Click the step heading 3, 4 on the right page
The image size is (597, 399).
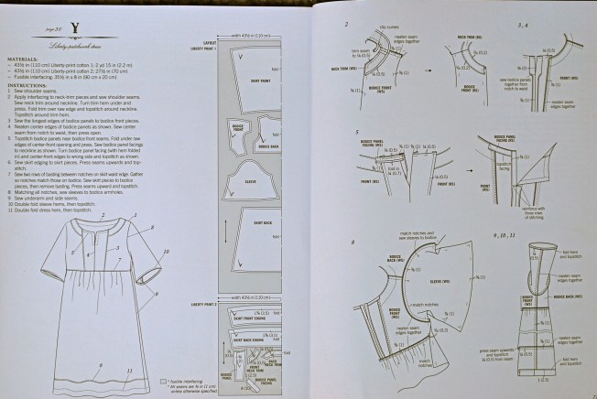point(524,27)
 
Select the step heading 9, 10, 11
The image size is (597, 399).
point(524,237)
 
